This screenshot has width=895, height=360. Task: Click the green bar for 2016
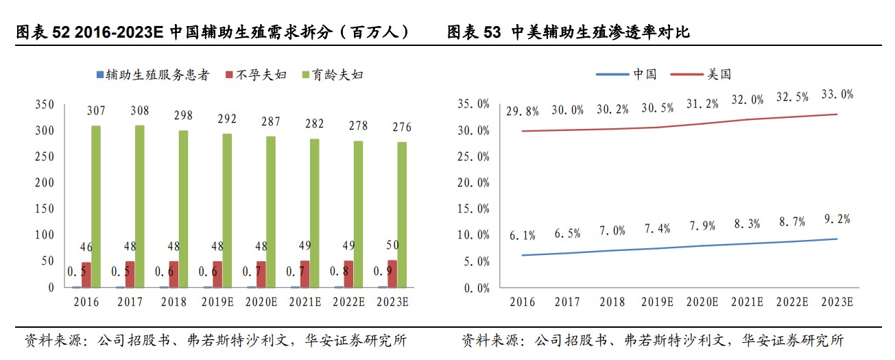95,206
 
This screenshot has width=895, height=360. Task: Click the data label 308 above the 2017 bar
139,110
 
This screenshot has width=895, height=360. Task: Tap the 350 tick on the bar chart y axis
43,104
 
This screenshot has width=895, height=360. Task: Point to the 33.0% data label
837,95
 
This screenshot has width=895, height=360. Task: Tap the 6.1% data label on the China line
522,236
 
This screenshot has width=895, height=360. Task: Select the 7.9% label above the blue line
702,226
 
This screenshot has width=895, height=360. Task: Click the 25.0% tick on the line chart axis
473,156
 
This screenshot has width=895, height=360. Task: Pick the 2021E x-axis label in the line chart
747,302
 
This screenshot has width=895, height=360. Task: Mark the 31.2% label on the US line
702,104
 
